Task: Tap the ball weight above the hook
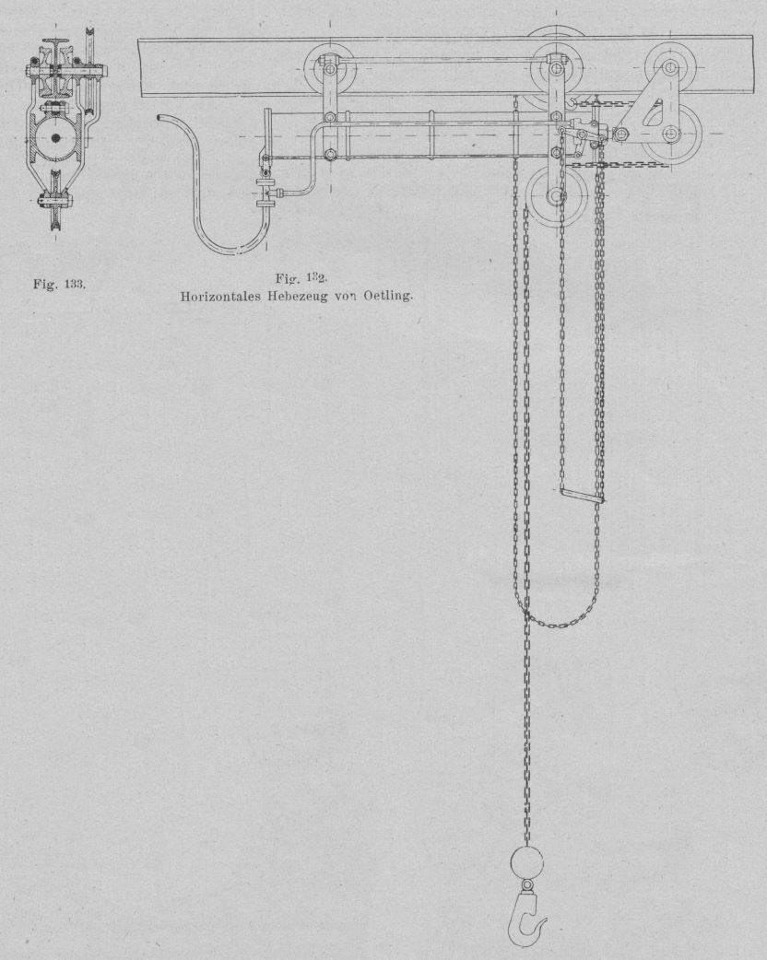[526, 863]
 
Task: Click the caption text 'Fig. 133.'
[59, 284]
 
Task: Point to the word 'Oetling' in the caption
[390, 297]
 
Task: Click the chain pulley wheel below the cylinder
[556, 196]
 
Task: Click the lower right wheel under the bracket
[671, 133]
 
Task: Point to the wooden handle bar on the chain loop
[582, 496]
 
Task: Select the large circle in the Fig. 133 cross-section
[55, 138]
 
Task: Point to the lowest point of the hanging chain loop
[560, 625]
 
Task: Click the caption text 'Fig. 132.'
[301, 278]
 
